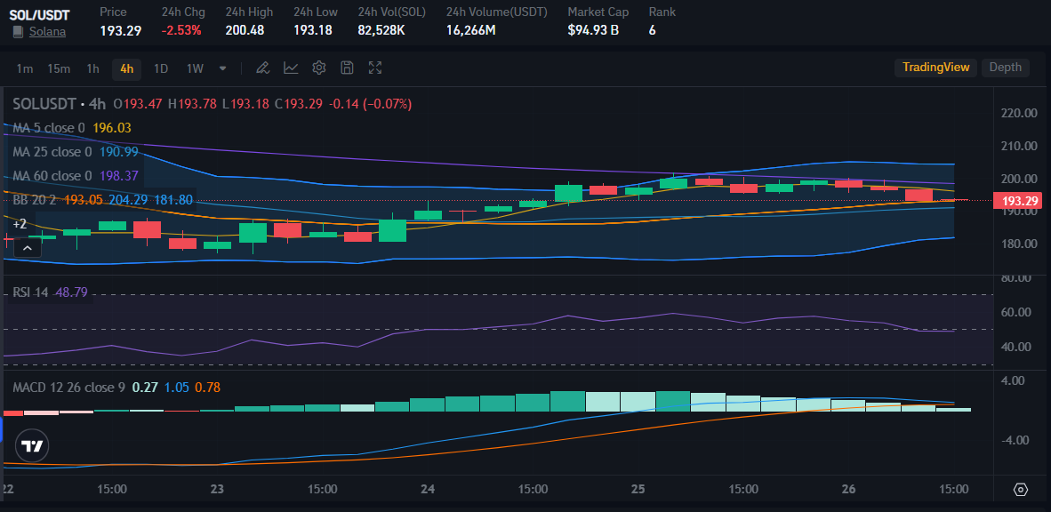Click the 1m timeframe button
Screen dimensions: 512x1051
pos(25,68)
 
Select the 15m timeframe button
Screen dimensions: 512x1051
pos(59,68)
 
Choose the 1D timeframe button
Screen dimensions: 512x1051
pos(161,68)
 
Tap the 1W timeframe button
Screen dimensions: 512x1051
pos(195,68)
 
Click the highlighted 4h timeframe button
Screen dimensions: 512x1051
pos(126,68)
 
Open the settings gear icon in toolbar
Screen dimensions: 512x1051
pos(319,68)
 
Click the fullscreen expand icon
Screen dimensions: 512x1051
pos(375,68)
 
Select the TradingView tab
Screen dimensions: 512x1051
pos(935,68)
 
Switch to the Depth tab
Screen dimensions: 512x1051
pos(1005,68)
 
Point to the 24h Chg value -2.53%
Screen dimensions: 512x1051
pos(181,30)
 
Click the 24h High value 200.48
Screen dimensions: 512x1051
pos(245,30)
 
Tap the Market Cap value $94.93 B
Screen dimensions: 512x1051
pos(593,30)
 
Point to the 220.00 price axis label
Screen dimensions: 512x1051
pos(1019,113)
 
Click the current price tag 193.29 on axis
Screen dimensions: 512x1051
pos(1020,201)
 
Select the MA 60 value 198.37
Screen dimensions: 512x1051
pos(120,176)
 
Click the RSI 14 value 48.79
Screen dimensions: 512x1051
pos(71,292)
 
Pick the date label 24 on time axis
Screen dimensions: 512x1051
pos(428,489)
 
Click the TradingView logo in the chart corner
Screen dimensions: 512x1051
pos(33,446)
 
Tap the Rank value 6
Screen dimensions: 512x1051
pos(653,30)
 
